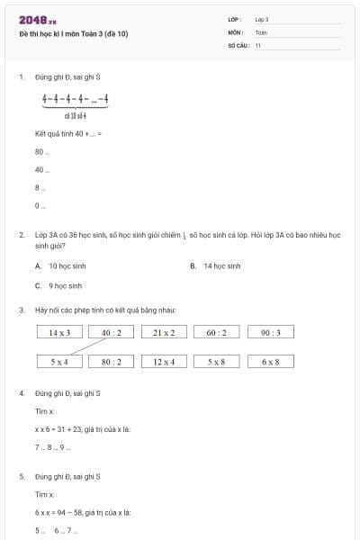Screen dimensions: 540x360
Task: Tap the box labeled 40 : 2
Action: coord(112,332)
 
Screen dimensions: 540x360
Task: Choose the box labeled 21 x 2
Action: coord(164,332)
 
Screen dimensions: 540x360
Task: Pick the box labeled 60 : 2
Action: coord(216,332)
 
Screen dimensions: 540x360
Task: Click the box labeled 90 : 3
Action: coord(270,332)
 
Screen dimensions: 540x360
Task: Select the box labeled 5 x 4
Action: coord(59,361)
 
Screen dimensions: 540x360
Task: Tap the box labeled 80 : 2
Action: coord(112,361)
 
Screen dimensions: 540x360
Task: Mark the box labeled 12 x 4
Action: coord(164,361)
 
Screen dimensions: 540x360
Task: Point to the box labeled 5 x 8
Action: coord(216,361)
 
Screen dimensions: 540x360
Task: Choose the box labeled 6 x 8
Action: coord(270,361)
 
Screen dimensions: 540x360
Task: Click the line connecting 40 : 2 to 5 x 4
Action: coord(85,346)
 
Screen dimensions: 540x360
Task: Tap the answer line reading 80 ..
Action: coord(40,151)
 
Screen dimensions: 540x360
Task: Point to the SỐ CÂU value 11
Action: coord(258,44)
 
